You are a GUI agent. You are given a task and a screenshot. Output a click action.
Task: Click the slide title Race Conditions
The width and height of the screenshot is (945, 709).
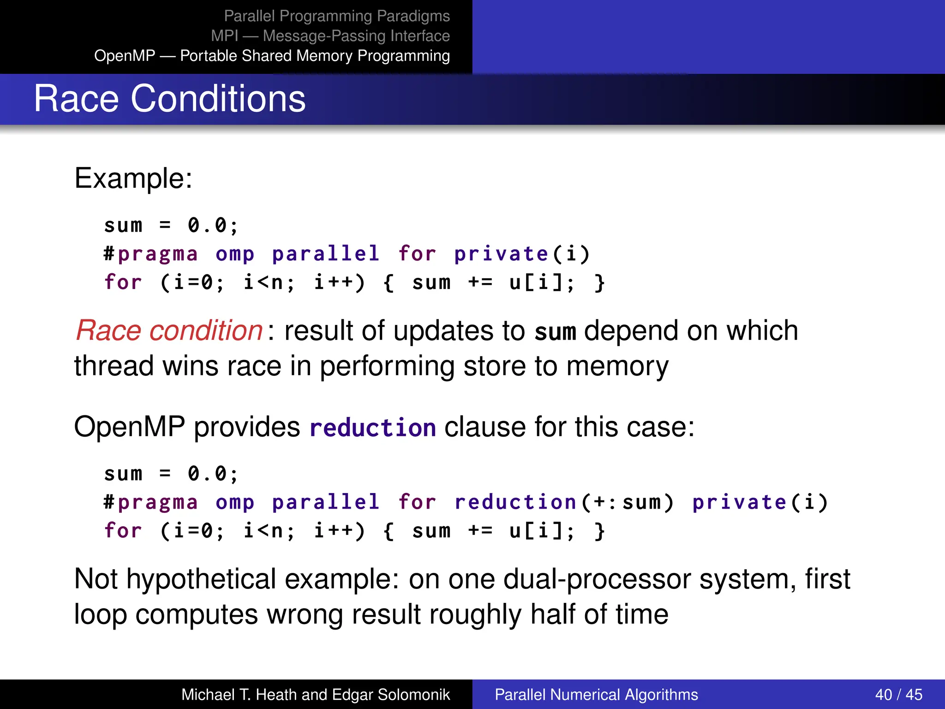coord(169,99)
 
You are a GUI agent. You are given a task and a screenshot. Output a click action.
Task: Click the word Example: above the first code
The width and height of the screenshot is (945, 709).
coord(133,178)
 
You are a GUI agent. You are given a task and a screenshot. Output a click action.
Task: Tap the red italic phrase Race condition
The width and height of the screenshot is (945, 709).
coord(169,330)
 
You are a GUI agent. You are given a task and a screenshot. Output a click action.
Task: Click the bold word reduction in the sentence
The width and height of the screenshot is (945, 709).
coord(372,427)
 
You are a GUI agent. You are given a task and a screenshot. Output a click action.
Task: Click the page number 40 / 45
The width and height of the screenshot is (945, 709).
coord(898,694)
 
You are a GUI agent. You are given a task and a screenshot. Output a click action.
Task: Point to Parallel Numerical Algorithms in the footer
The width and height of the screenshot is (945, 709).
coord(596,694)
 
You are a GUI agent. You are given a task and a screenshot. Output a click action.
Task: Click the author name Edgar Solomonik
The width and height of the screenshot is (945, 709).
coord(391,694)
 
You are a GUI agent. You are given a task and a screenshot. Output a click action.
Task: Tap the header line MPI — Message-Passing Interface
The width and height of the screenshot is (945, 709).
coord(330,36)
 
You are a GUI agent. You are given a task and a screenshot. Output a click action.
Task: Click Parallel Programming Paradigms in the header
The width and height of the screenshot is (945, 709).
coord(336,16)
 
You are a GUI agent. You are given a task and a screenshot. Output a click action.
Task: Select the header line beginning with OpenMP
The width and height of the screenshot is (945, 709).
coord(272,55)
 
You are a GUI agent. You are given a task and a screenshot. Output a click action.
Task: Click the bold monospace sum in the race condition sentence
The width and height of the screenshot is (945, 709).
coord(555,332)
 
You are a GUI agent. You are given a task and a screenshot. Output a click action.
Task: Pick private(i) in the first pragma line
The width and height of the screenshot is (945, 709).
coord(522,254)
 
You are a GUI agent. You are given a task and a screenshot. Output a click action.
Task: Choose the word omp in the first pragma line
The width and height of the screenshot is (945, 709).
coord(235,254)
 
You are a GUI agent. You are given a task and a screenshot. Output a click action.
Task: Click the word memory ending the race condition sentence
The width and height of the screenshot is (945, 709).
coord(617,367)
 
